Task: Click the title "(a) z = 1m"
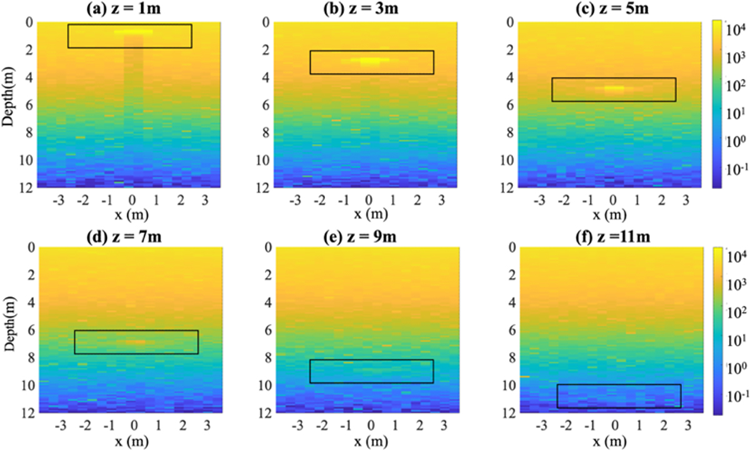coord(128,9)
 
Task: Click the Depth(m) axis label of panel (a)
coord(9,104)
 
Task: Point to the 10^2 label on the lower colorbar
coord(735,311)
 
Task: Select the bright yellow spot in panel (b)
coord(371,61)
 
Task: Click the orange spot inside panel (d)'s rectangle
coord(135,342)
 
